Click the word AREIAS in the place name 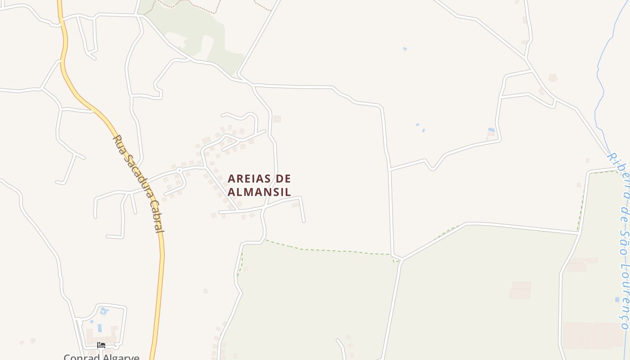[x=249, y=179]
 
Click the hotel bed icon [x=101, y=345]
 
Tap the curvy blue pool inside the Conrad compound [x=104, y=310]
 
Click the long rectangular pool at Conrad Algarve [x=99, y=328]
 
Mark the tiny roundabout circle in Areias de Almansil [x=179, y=170]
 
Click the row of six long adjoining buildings [x=593, y=335]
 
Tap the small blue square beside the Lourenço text [x=617, y=299]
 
